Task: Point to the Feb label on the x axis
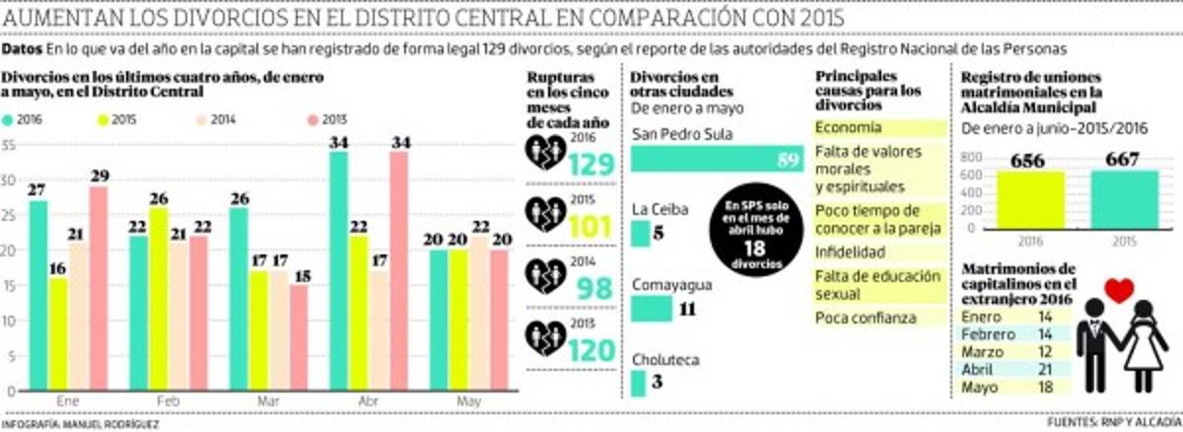point(168,402)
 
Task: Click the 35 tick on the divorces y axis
point(9,146)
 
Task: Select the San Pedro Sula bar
point(715,160)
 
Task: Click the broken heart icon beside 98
point(545,277)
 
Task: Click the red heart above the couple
point(1118,291)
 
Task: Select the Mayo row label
point(980,388)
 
